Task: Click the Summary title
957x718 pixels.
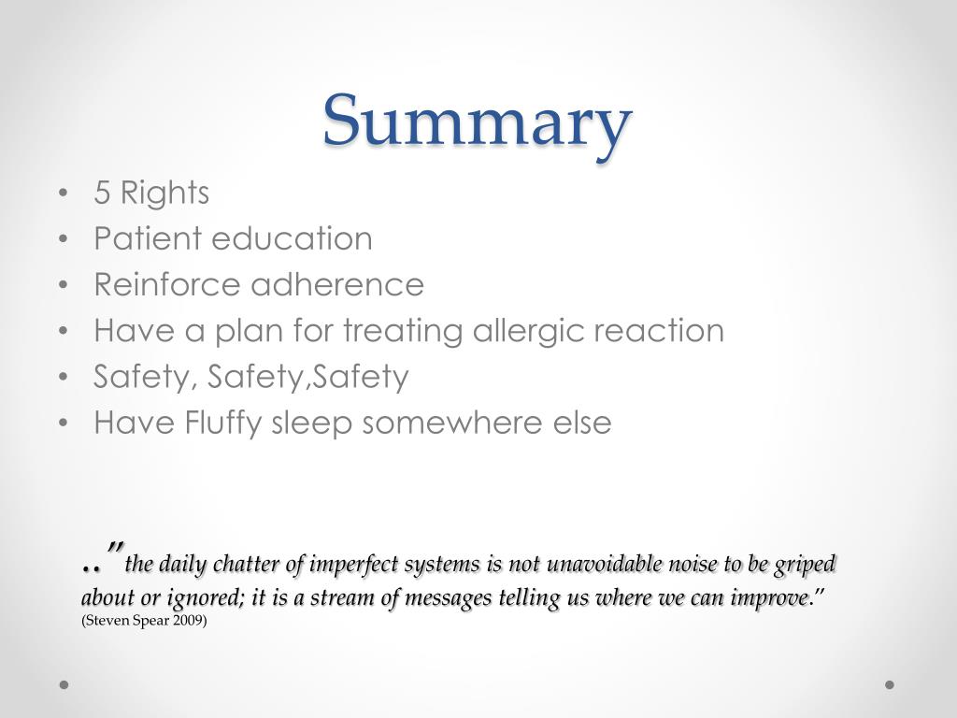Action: click(477, 122)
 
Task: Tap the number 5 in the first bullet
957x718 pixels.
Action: click(102, 193)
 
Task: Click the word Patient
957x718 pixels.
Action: click(147, 238)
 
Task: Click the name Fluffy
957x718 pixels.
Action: click(223, 424)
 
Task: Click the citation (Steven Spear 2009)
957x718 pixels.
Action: click(144, 621)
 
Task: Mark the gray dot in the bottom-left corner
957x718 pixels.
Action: click(64, 684)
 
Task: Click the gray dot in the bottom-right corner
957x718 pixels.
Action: click(890, 684)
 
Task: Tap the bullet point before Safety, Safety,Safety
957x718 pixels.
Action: click(64, 377)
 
